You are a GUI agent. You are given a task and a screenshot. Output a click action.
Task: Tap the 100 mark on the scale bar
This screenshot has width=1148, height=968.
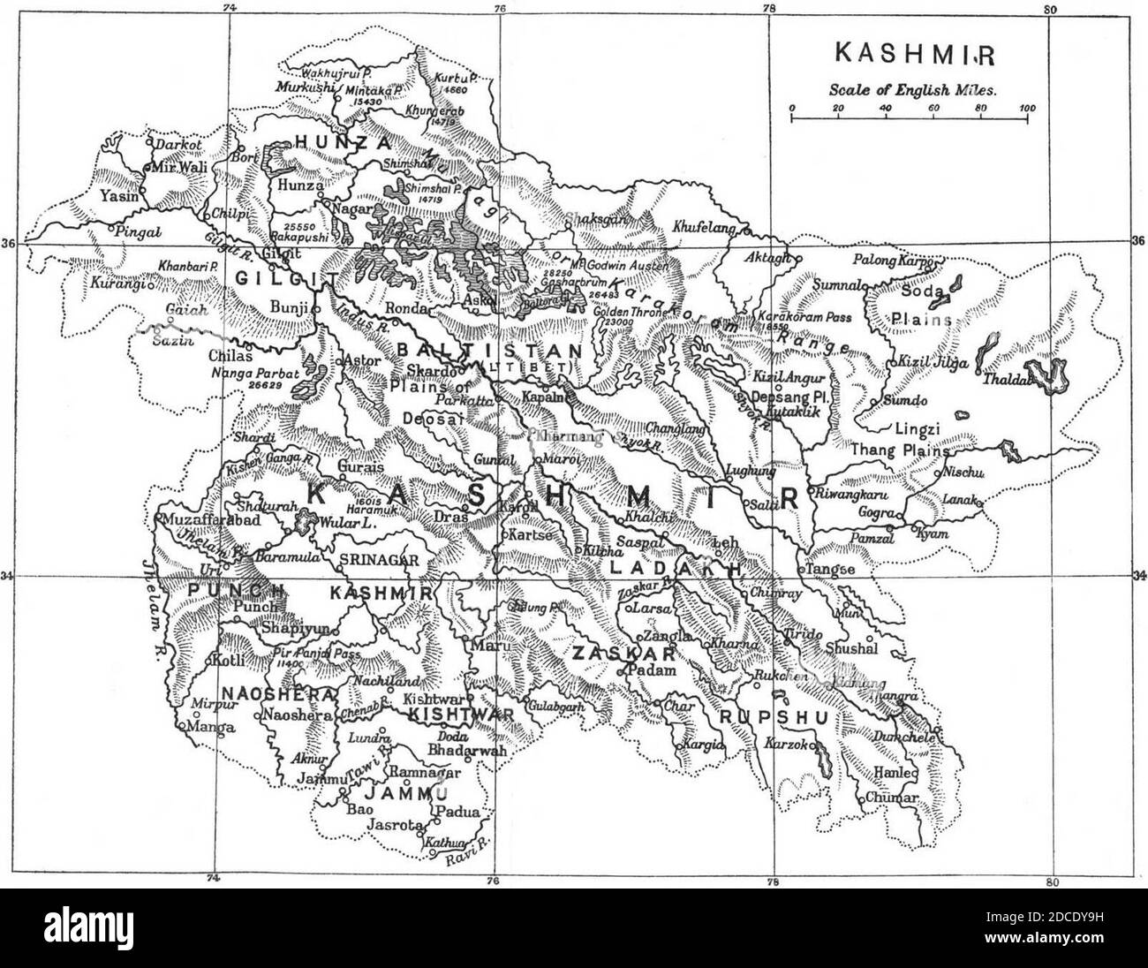(1027, 108)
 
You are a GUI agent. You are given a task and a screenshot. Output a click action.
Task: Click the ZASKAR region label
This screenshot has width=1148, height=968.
(623, 654)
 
